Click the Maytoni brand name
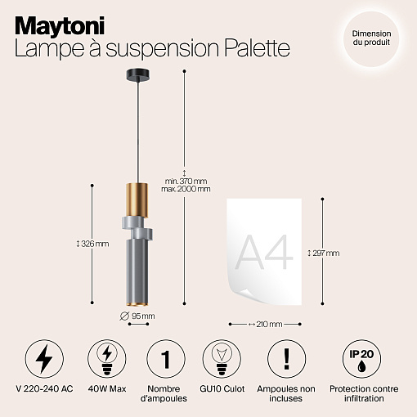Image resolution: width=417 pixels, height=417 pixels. pos(60,26)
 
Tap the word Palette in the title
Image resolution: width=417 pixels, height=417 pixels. pos(257,48)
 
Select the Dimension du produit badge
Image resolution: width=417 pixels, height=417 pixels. pos(371,38)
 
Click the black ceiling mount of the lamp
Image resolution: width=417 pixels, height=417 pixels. pos(138,75)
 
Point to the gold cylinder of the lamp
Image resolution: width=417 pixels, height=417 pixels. pos(137,200)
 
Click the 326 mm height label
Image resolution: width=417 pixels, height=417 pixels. pos(92,244)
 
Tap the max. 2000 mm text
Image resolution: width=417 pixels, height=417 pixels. pos(186,189)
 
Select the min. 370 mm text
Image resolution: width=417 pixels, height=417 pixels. pos(186,181)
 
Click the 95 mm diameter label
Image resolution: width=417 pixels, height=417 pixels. pos(137,316)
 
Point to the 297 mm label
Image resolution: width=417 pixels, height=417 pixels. pos(324,253)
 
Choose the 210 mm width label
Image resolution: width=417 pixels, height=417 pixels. pos(266,324)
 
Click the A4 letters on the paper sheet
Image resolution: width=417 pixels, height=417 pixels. pos(263,252)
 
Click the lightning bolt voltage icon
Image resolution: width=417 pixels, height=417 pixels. pos(44,359)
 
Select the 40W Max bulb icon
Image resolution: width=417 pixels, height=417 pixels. pos(106,359)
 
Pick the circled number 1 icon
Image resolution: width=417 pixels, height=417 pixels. pos(166,359)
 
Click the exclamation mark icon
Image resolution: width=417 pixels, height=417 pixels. pos(286,359)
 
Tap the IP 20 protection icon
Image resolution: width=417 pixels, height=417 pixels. pos(362,359)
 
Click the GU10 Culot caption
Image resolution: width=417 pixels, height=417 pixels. pos(222,388)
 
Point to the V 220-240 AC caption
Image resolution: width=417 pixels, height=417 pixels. pos(44,388)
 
